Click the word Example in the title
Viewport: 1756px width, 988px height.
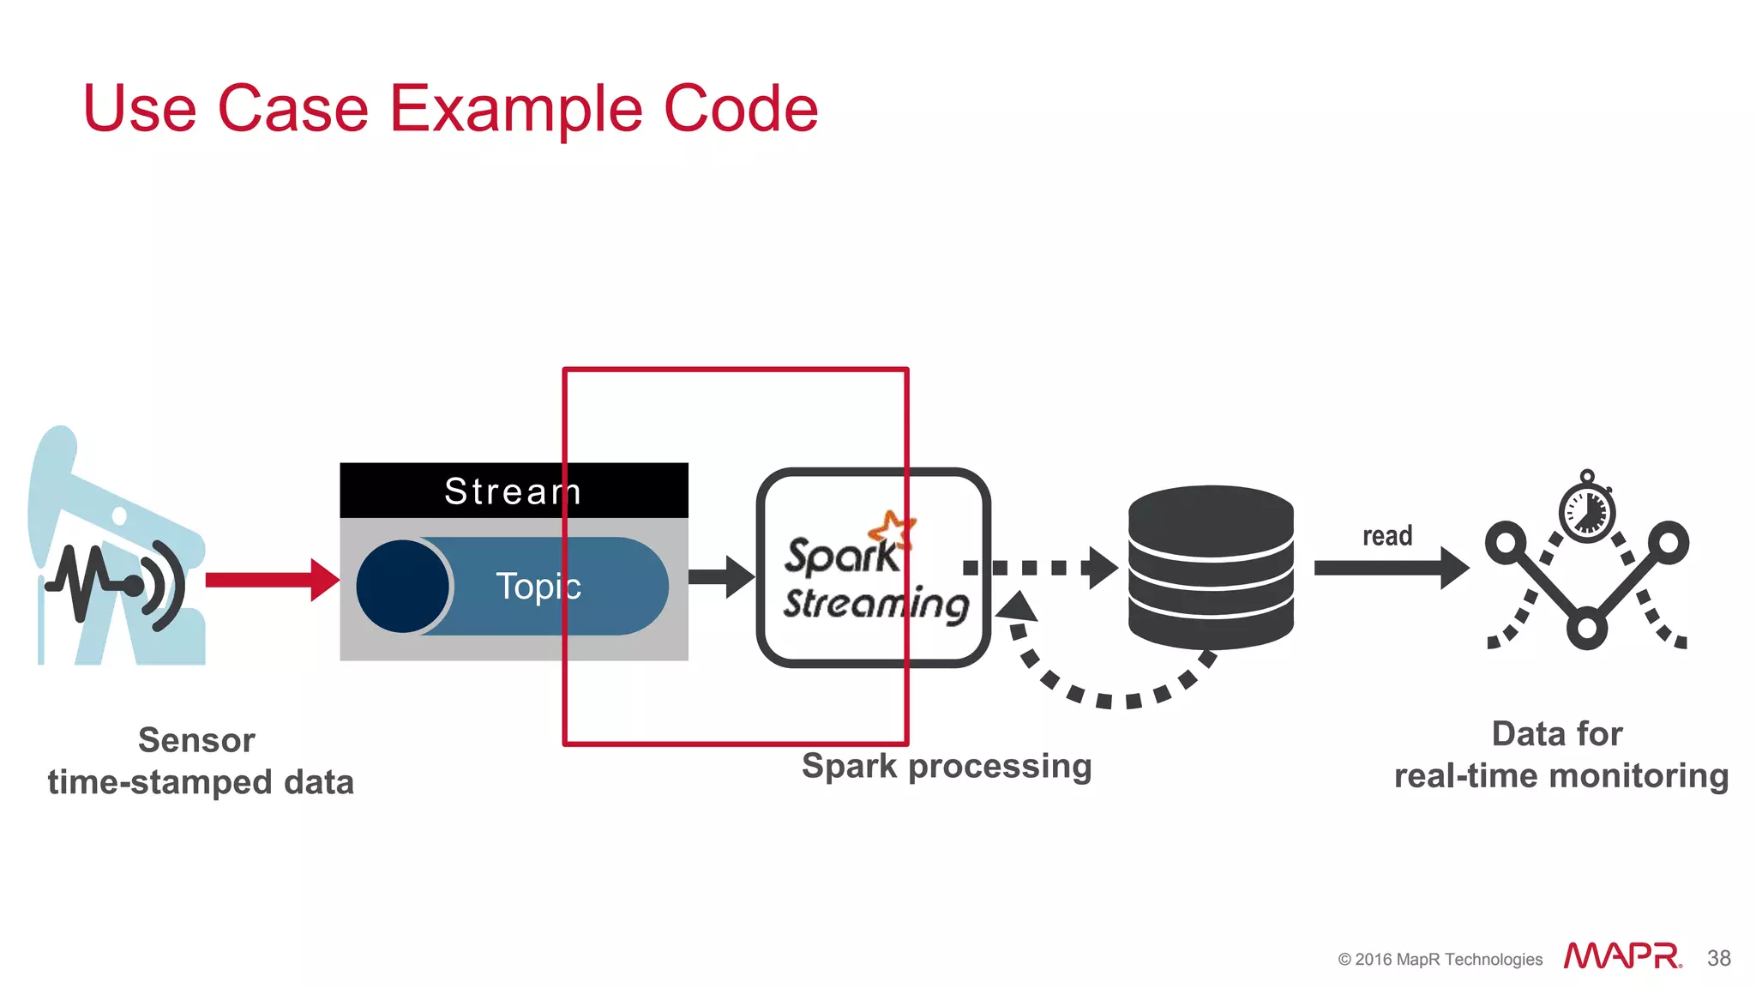point(516,110)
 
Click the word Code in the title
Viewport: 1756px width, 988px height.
point(741,110)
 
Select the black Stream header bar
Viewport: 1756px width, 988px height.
point(513,491)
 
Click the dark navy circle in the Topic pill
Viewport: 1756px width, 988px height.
point(402,586)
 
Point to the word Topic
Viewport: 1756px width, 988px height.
point(538,587)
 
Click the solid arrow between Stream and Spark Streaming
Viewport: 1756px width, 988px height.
point(720,576)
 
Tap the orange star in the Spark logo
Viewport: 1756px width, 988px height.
point(892,528)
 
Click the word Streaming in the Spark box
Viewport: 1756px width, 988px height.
point(875,604)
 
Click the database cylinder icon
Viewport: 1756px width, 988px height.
point(1210,566)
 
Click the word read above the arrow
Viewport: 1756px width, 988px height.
point(1386,536)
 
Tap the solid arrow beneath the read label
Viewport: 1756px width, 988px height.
point(1390,568)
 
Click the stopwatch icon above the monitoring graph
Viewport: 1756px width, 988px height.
point(1586,511)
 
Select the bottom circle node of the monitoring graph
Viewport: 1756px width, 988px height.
point(1586,628)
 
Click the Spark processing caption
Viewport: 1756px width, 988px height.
point(947,766)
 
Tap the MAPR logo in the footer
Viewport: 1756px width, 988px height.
point(1621,956)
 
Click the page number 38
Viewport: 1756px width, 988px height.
point(1718,958)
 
